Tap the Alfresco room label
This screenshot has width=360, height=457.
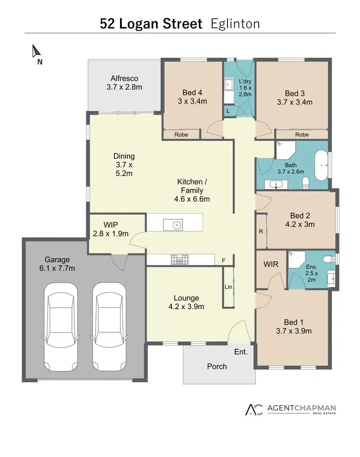click(124, 78)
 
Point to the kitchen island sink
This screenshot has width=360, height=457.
click(176, 224)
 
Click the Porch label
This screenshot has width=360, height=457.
click(216, 366)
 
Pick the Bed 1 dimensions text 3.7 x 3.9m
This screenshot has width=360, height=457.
click(294, 331)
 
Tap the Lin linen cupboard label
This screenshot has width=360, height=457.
click(228, 287)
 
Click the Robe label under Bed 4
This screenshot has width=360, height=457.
click(181, 135)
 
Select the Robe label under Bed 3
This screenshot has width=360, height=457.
click(302, 135)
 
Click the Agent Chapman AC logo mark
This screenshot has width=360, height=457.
click(254, 409)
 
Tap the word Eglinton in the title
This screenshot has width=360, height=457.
click(236, 24)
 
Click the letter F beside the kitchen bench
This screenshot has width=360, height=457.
click(223, 261)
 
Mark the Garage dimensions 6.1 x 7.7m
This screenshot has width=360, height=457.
click(57, 268)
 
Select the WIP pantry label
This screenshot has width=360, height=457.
click(111, 225)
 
